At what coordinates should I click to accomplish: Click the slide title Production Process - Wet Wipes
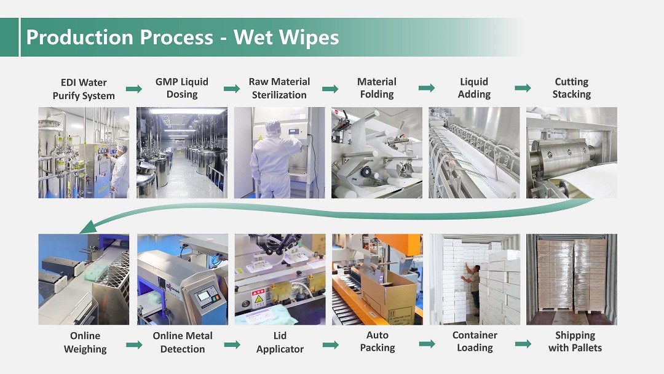point(183,37)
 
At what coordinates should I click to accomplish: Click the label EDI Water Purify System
point(84,89)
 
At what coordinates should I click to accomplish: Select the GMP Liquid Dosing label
point(181,88)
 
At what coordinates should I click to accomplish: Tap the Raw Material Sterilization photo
point(280,153)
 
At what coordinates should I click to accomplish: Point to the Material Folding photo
point(377,153)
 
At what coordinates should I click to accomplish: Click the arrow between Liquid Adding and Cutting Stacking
point(523,88)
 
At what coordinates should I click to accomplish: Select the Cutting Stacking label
point(571,88)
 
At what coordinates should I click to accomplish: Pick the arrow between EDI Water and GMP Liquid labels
point(134,89)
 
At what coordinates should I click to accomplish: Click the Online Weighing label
point(85,342)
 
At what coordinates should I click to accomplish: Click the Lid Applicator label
point(280,342)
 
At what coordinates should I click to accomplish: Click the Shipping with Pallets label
point(575,341)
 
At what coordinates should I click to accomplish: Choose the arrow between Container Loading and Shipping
point(523,343)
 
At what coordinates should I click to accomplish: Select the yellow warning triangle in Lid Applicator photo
point(258,300)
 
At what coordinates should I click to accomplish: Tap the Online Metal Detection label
point(183,342)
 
